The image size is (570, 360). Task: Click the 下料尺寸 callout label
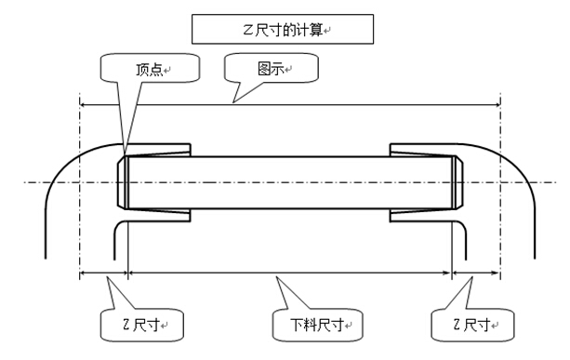pos(319,326)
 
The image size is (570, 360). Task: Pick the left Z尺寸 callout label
pos(139,326)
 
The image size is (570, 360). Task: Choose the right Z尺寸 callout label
pos(471,326)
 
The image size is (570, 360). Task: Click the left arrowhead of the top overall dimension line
pos(84,105)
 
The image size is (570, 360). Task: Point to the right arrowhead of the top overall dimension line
pos(497,105)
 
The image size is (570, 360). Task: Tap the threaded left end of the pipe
pos(125,181)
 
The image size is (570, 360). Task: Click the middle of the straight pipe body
pos(288,181)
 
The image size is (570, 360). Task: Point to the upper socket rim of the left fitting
pos(158,148)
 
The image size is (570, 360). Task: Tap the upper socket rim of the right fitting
pos(423,148)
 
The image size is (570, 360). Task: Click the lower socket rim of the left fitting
pos(158,217)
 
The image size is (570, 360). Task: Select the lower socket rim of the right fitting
pos(423,217)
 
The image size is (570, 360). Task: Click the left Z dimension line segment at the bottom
pos(103,273)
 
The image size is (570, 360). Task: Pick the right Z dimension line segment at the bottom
pos(476,273)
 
